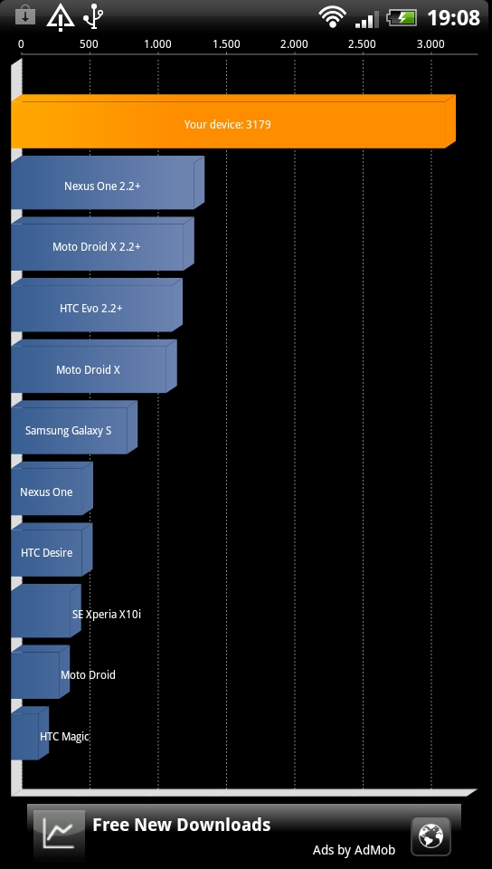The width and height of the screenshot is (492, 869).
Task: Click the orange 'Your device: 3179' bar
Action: [233, 121]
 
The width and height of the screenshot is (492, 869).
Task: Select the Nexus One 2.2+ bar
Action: [108, 183]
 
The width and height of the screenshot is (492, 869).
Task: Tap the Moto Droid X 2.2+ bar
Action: [102, 244]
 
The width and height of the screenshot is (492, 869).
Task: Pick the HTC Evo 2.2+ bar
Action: [96, 305]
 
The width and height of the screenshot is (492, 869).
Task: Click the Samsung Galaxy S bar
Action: [74, 427]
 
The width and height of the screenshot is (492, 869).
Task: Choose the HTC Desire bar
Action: [52, 549]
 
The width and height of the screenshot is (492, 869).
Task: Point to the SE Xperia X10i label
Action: [106, 614]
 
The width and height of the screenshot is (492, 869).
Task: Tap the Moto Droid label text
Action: [88, 675]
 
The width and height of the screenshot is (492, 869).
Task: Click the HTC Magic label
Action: [64, 737]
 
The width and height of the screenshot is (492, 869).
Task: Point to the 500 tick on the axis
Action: [90, 44]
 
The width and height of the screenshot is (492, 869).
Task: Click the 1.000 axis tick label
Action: [157, 44]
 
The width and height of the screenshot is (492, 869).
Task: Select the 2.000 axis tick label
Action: [295, 44]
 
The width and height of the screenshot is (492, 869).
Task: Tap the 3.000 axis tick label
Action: [430, 44]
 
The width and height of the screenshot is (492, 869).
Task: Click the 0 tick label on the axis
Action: [21, 44]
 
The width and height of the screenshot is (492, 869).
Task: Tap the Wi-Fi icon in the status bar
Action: [332, 16]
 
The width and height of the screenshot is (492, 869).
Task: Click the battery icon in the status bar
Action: [402, 17]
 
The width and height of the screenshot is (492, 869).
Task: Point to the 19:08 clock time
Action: [453, 18]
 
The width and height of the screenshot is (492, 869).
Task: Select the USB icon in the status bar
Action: [93, 16]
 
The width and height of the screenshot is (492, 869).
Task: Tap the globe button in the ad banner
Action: [430, 836]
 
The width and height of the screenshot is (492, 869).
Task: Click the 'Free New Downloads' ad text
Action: [182, 825]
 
